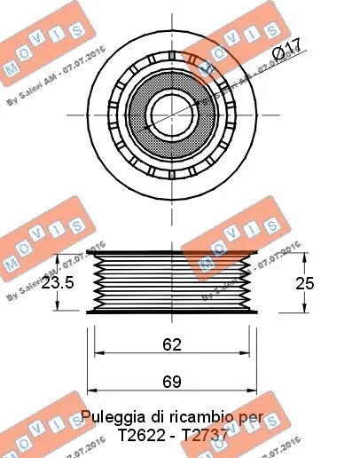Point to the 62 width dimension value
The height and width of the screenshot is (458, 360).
pos(172,343)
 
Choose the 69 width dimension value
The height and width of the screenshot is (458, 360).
pos(172,382)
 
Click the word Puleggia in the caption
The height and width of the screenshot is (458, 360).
pos(112,415)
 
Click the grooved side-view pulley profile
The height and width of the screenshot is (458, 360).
pos(173,281)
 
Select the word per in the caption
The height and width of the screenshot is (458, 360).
pos(251,415)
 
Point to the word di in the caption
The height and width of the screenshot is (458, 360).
pos(157,415)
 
